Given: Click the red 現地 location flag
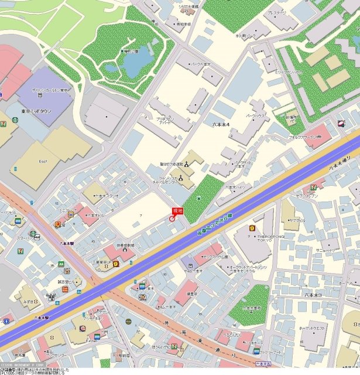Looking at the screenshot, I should (x=177, y=210).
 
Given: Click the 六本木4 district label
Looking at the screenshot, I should (x=218, y=125).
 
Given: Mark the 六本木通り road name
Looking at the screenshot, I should (x=338, y=166).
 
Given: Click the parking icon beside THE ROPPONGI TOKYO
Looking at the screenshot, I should (x=252, y=227).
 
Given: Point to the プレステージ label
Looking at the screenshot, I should (x=276, y=12).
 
